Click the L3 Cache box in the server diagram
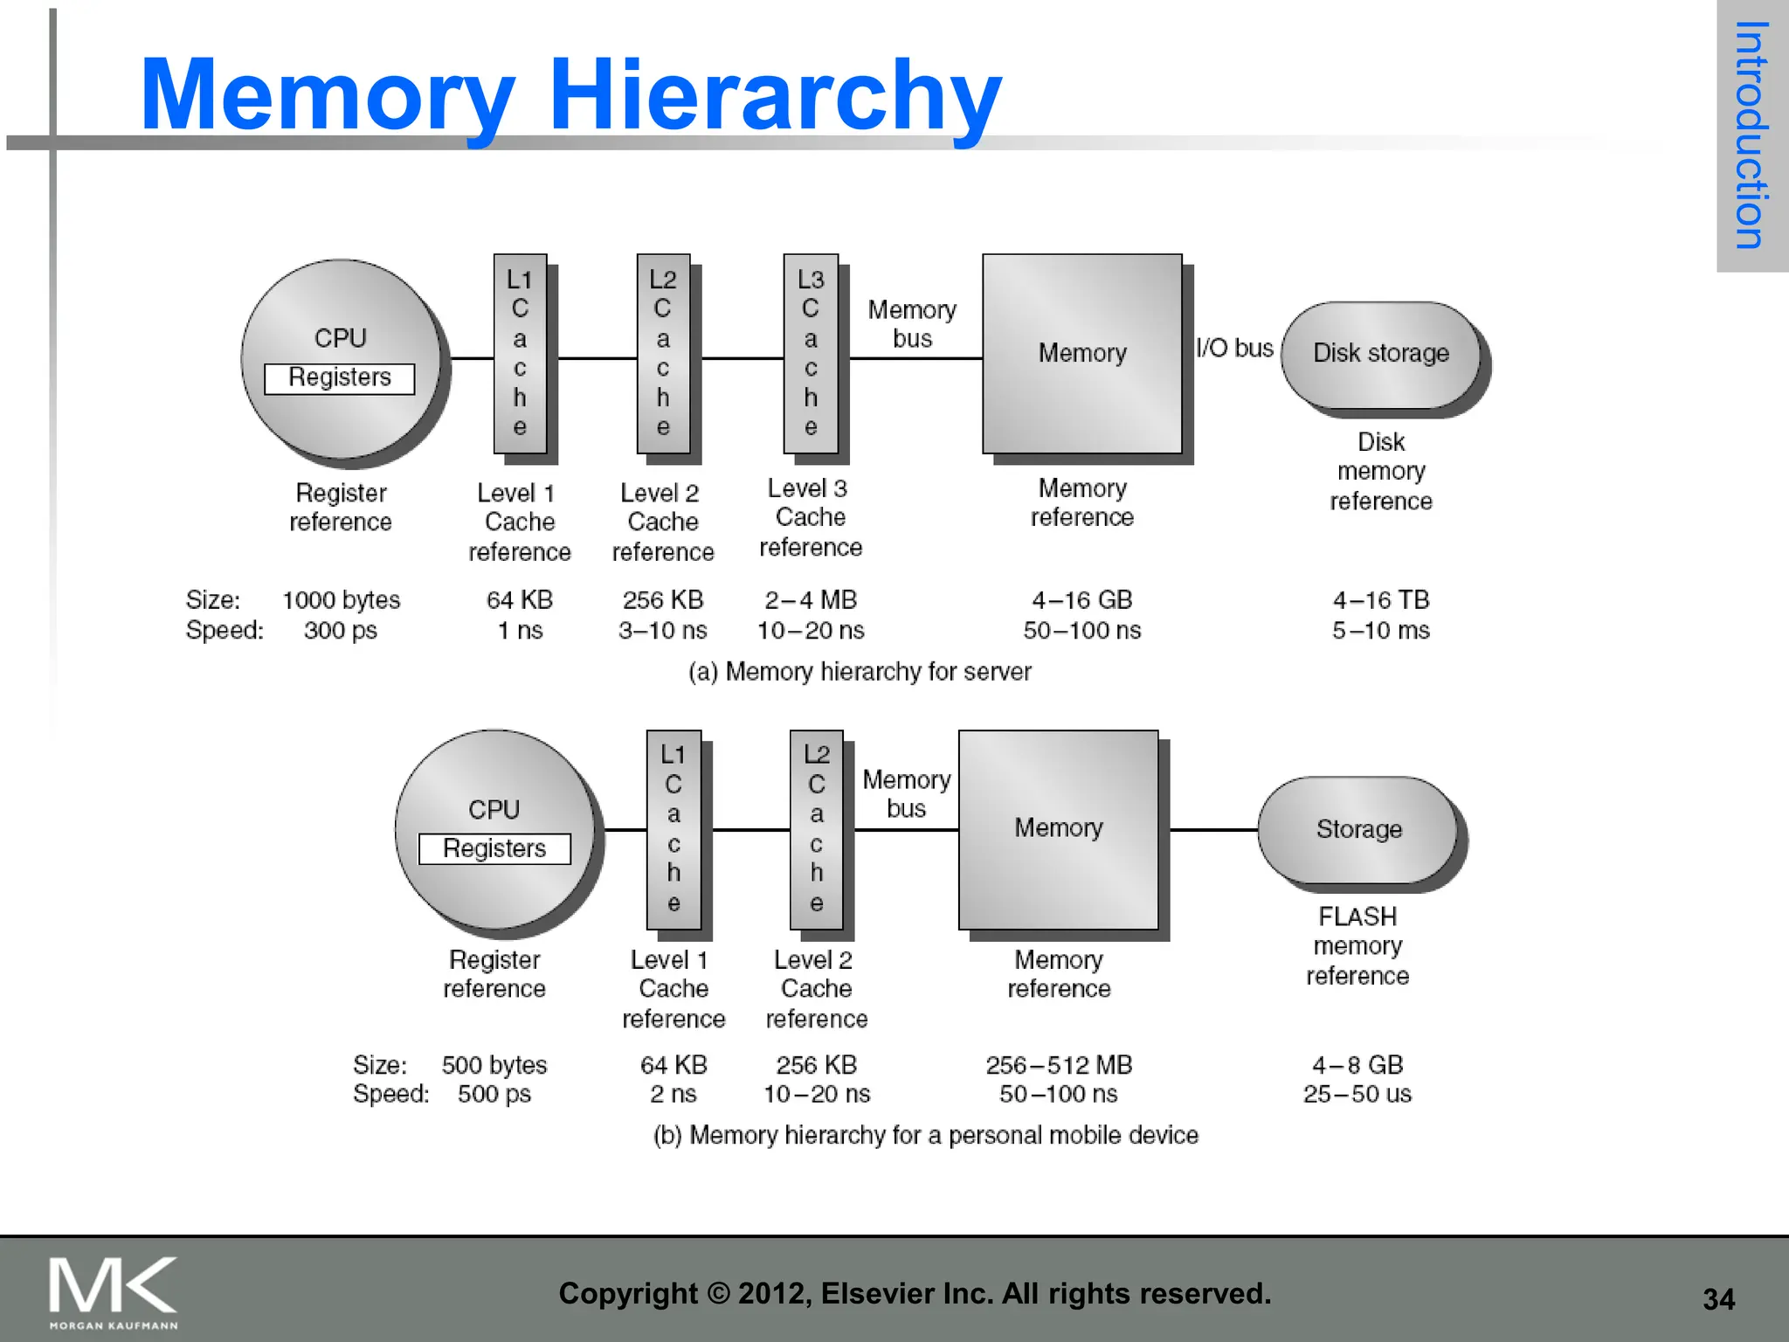coord(811,354)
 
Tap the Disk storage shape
coord(1380,354)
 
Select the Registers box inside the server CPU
coord(340,378)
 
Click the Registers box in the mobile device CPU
coord(494,848)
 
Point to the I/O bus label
coord(1234,348)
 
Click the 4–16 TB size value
coord(1380,600)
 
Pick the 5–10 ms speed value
coord(1380,631)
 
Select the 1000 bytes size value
coord(341,600)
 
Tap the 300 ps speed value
coord(341,631)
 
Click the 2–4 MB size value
coord(811,600)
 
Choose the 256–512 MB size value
coord(1059,1065)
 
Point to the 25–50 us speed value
coord(1357,1095)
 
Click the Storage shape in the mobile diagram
coord(1358,829)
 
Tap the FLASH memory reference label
coord(1357,946)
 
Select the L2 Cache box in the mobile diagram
coord(816,829)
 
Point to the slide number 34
coord(1718,1299)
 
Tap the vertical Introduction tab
coord(1751,135)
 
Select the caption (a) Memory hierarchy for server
coord(860,672)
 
